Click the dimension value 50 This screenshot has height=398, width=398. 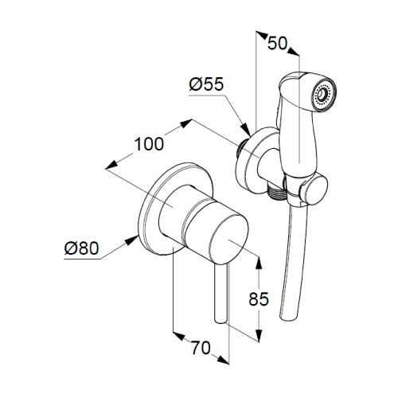coord(277,43)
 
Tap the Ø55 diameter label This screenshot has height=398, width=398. coord(207,84)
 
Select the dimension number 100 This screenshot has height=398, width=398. coord(150,144)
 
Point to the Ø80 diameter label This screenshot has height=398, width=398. coord(81,248)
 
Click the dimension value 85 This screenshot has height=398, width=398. coord(259,299)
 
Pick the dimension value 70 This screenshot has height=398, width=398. coord(201,348)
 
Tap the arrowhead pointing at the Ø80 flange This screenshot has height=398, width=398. coord(131,240)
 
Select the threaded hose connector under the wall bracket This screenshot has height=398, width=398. coord(276,193)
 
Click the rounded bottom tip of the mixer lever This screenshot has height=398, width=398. coord(221,321)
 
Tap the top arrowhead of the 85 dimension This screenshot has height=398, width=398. coord(259,262)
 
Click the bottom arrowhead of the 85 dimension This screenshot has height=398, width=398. coord(259,335)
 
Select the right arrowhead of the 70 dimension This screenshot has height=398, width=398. coord(223,360)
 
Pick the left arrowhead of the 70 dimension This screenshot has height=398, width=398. coord(179,337)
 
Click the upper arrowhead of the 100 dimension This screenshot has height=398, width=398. coord(185,123)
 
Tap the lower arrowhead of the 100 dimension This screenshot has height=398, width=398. coord(111,165)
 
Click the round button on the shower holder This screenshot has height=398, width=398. coord(316,190)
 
